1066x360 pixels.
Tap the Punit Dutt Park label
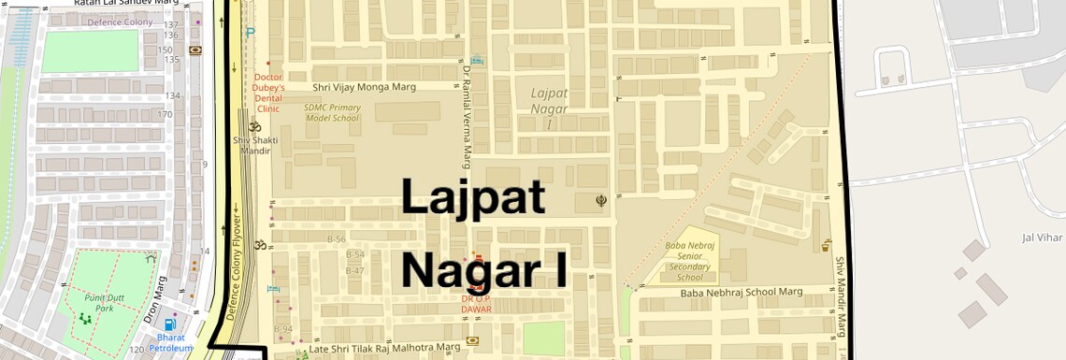[x=98, y=301]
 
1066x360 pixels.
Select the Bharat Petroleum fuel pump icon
[x=169, y=324]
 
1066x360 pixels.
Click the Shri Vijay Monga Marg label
[x=364, y=87]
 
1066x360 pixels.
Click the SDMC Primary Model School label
[x=332, y=113]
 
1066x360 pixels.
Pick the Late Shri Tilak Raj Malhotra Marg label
[x=385, y=347]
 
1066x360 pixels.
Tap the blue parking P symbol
[x=250, y=32]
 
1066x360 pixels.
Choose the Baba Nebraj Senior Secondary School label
[x=690, y=261]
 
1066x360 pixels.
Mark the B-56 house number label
[x=336, y=238]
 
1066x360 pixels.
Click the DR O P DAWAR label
[x=476, y=304]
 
